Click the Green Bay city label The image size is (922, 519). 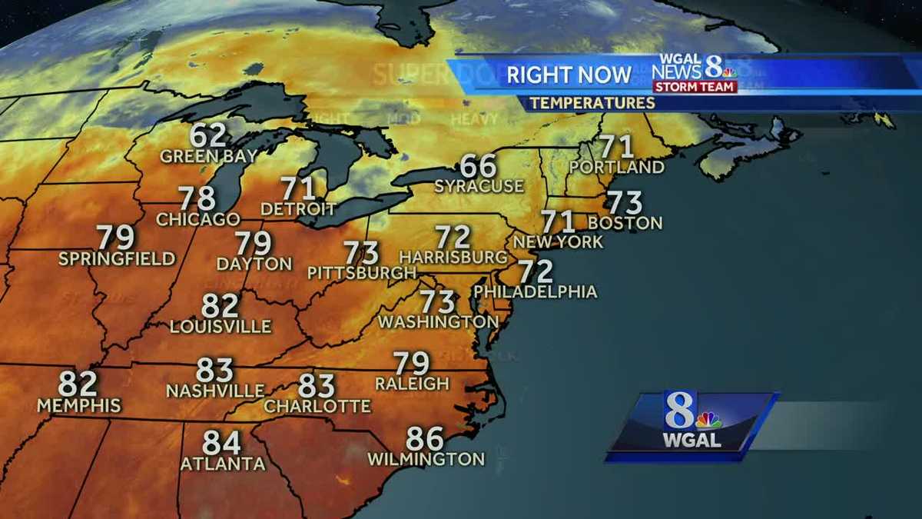tap(208, 156)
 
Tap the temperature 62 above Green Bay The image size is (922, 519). tap(208, 136)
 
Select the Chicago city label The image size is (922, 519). tap(198, 219)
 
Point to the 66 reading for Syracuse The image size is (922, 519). tap(478, 166)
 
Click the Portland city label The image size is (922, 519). tap(617, 167)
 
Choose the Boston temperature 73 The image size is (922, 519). tap(624, 203)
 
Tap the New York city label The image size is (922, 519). tap(559, 241)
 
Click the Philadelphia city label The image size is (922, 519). tap(536, 291)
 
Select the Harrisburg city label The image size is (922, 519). tap(453, 255)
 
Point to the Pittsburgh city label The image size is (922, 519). tap(362, 272)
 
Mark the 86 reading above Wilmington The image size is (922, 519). tap(425, 439)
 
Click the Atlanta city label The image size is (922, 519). tap(223, 464)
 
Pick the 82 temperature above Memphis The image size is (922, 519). tap(78, 384)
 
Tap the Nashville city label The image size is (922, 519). tap(215, 391)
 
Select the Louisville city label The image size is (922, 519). tap(221, 326)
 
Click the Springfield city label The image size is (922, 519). tap(117, 258)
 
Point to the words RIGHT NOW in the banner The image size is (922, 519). tap(569, 75)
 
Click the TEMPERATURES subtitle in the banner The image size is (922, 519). tap(592, 103)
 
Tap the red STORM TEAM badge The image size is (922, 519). tap(695, 87)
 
